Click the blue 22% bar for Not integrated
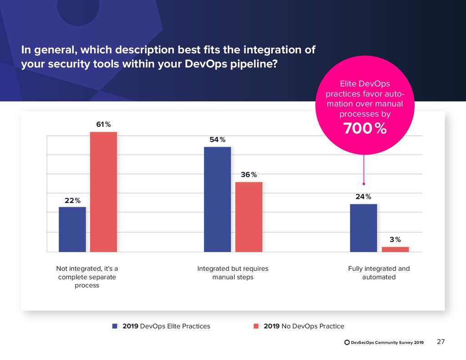pos(72,229)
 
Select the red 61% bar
pos(103,192)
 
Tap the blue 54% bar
pos(218,199)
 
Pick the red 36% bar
pos(248,217)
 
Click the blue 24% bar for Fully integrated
pos(363,228)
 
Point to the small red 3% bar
pos(395,249)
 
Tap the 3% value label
pos(395,239)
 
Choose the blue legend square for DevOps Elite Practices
pos(115,326)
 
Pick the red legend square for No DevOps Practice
pos(256,326)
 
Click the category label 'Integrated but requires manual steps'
pos(233,273)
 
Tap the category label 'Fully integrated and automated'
pos(379,273)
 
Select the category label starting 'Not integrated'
pos(86,277)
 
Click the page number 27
pos(441,342)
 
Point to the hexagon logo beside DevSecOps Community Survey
pos(347,342)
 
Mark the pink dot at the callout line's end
pos(364,184)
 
